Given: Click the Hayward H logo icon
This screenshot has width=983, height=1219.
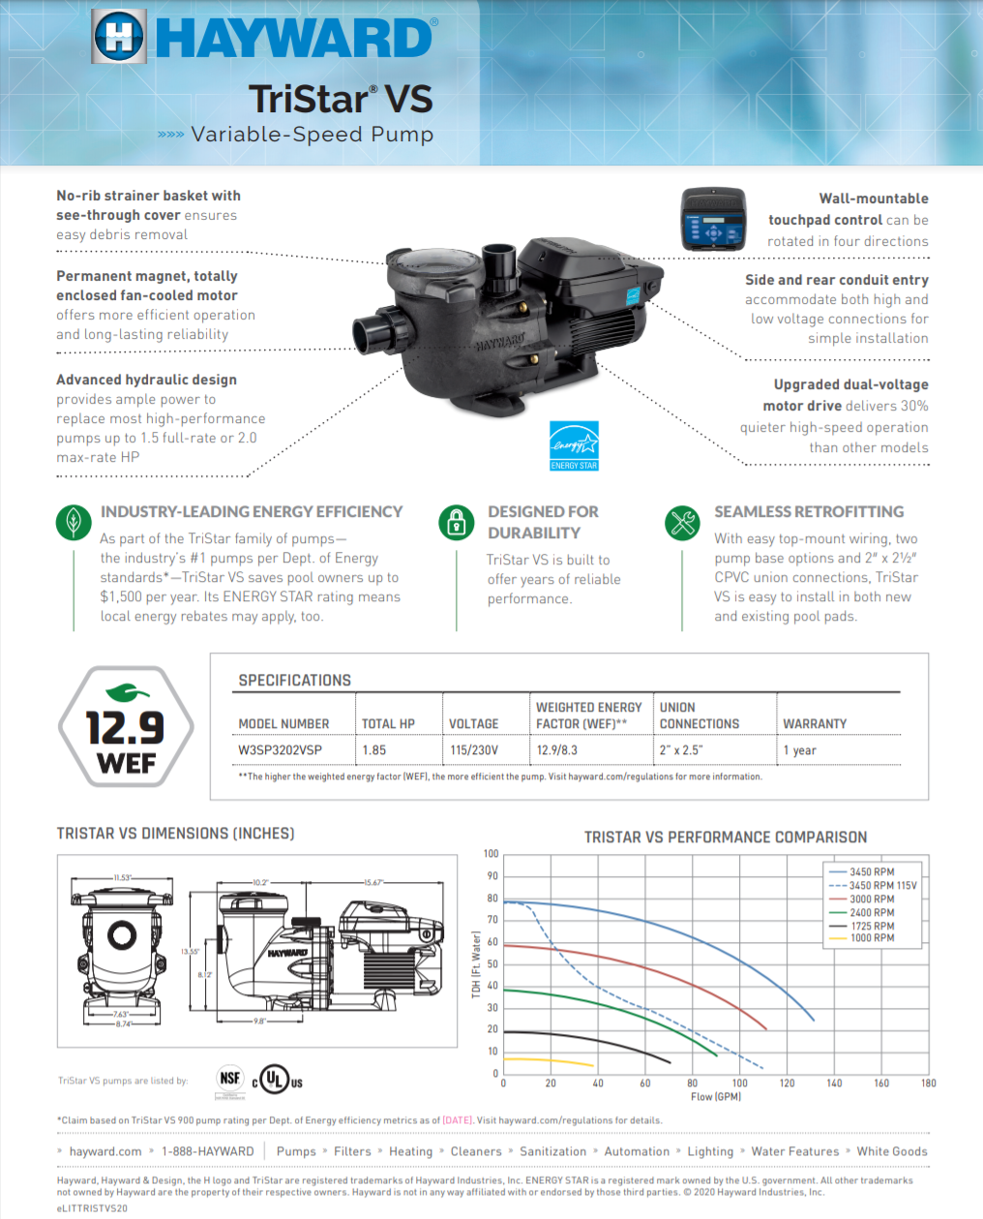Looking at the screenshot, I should point(119,37).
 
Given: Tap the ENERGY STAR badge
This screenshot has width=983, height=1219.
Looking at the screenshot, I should point(574,445).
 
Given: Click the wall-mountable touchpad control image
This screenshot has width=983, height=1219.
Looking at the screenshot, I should point(713,220).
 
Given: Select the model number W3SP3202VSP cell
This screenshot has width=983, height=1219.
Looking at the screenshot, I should point(281,750).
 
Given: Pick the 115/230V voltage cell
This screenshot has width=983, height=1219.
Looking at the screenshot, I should point(474,750).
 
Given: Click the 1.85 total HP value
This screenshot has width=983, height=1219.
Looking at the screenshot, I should point(374,750).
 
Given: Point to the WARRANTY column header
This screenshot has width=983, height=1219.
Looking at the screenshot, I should point(815,724).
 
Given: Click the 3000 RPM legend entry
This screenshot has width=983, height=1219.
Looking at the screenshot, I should point(871,899).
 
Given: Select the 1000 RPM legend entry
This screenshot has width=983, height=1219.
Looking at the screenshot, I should point(871,938).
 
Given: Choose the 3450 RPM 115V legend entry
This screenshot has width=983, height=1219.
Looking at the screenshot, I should point(881,886).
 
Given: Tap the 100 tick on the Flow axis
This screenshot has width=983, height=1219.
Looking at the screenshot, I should point(740,1083).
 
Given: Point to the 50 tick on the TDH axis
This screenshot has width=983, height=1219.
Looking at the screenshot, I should point(492,964).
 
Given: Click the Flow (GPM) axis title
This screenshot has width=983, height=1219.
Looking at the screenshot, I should point(716,1097).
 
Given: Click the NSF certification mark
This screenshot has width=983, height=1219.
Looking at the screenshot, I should point(229,1079).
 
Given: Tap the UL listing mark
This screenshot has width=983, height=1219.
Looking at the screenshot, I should point(277,1080).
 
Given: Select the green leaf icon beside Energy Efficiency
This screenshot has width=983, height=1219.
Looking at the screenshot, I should point(74,522).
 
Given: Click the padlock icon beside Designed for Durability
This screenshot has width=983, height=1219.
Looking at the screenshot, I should point(457,522).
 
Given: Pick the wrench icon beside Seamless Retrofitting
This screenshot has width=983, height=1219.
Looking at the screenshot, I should point(683,522).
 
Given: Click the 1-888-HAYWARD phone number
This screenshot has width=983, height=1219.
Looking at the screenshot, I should point(208,1152).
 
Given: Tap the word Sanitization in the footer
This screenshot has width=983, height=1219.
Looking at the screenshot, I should point(552,1152).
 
